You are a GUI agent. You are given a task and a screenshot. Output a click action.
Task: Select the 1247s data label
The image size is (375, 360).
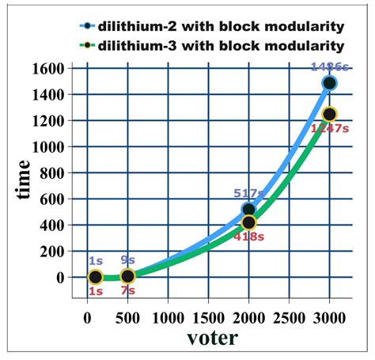point(329,128)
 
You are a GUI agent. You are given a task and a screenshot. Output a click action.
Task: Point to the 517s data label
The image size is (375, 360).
point(248,193)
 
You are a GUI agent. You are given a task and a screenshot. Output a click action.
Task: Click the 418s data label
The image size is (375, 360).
point(248,237)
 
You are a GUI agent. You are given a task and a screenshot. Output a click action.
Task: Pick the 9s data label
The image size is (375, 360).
point(127,260)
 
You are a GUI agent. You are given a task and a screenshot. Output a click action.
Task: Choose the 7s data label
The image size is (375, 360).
point(127,291)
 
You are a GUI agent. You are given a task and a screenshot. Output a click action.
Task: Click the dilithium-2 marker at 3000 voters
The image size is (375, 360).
point(329,83)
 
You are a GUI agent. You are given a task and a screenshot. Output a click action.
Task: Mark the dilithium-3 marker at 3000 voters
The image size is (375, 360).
point(329,115)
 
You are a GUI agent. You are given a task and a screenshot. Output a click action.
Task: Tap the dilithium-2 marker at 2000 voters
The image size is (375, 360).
point(248,210)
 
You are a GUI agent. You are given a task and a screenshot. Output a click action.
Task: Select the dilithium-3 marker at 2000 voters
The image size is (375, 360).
point(248,223)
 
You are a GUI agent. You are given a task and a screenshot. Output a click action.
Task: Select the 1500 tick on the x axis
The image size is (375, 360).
point(208,319)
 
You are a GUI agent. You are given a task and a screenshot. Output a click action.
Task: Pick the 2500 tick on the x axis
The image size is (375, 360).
point(289,319)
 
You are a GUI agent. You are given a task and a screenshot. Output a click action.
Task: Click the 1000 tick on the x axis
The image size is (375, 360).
point(168,319)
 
